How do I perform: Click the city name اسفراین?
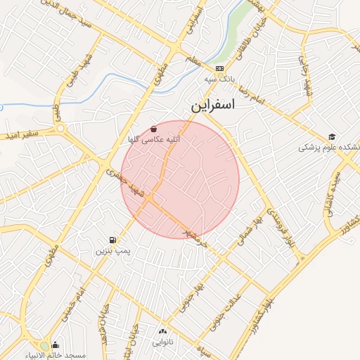[221, 108]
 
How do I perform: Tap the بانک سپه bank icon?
[219, 68]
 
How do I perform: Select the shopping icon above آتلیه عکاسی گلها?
[153, 129]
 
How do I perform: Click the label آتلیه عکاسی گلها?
[153, 140]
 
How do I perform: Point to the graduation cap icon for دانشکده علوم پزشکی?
[331, 136]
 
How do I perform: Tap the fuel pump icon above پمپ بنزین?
[113, 240]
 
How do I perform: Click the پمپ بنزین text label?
[113, 250]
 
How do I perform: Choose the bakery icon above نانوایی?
[163, 331]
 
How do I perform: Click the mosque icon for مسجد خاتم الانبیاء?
[56, 345]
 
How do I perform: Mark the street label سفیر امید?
[34, 133]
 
